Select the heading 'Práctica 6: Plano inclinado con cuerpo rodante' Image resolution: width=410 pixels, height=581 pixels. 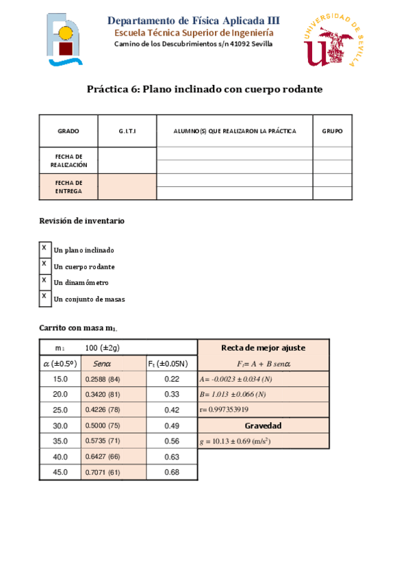point(204,90)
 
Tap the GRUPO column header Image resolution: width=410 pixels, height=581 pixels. point(332,131)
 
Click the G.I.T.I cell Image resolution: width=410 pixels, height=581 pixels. point(127,131)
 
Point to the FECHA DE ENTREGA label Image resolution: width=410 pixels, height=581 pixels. point(68,187)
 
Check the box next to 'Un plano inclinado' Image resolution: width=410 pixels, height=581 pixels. point(44,248)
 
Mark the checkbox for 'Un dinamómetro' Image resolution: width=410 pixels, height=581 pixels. point(44,280)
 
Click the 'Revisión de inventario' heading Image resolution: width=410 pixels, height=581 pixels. point(81,221)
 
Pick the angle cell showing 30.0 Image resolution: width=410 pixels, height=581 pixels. point(60,425)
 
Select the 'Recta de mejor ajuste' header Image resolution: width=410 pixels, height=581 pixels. point(263,348)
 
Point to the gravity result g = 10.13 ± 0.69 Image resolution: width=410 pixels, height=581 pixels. point(235,441)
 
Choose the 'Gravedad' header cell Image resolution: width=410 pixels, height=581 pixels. point(263,425)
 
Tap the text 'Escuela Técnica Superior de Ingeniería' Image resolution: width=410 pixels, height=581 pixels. point(194,33)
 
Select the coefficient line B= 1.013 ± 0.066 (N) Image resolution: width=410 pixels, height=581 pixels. point(233,394)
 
